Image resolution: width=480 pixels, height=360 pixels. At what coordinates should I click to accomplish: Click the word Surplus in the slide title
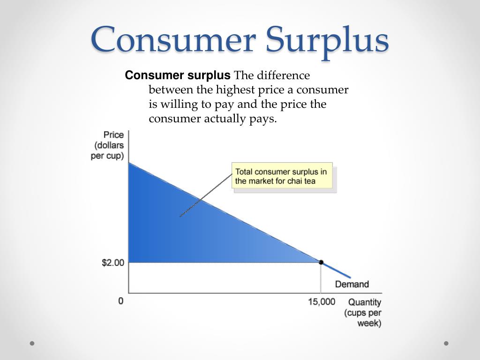(327, 40)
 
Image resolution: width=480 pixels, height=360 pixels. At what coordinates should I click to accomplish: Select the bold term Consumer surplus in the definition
(178, 75)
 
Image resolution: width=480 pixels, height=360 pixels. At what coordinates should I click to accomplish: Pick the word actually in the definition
(223, 119)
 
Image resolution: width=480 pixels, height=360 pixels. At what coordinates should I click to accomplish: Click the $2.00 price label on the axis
(113, 262)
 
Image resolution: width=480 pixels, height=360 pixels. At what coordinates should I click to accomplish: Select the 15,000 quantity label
(322, 301)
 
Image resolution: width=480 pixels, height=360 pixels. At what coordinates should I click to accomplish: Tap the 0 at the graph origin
(121, 301)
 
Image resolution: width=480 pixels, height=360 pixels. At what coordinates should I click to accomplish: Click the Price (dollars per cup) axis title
(108, 145)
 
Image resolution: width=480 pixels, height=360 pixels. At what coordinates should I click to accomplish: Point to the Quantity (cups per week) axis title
(364, 313)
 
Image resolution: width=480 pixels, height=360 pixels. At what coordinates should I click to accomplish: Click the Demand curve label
(352, 284)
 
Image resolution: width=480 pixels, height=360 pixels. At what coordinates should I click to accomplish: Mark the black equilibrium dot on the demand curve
(321, 262)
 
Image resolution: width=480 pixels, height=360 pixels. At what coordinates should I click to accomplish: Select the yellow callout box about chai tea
(282, 176)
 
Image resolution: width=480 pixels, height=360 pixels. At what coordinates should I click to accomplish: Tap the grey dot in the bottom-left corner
(32, 343)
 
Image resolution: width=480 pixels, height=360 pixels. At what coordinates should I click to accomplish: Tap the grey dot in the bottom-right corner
(446, 343)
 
